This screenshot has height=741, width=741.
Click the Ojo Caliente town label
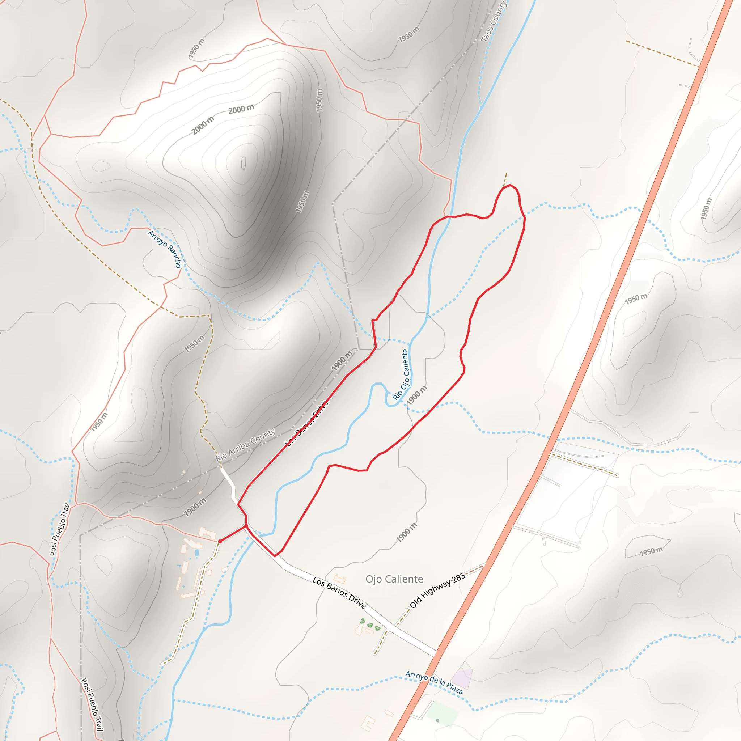click(394, 579)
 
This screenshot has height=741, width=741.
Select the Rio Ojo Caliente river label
click(401, 374)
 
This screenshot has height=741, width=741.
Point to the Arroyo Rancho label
click(165, 249)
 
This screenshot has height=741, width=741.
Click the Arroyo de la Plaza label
click(434, 682)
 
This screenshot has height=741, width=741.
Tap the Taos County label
click(493, 21)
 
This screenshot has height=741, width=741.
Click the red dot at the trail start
click(220, 541)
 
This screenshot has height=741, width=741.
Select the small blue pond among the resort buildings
click(197, 553)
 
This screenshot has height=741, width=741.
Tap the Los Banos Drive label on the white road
click(339, 593)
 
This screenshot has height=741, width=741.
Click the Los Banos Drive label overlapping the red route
click(307, 423)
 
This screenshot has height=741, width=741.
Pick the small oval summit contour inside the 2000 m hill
click(244, 163)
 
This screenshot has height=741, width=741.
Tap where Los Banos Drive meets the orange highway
click(437, 652)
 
